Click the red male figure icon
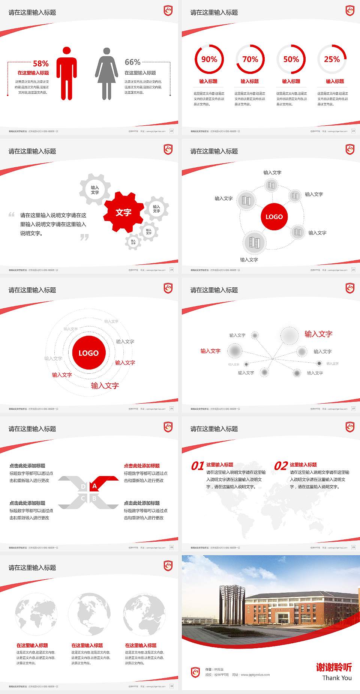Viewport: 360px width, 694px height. coord(67,74)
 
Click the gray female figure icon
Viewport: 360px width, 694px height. coord(106,74)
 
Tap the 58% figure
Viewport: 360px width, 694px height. coord(40,63)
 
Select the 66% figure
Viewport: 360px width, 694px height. coord(132,62)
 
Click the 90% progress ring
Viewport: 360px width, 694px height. coord(209,59)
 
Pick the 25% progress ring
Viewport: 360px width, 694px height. coord(332,59)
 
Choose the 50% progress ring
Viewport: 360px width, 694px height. coord(291,59)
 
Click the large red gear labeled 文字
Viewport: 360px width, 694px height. coord(123,212)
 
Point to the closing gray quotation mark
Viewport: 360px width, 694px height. coord(84,237)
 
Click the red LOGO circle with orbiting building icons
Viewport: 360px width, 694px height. coord(274,216)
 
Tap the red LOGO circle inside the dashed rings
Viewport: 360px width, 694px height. coord(88,353)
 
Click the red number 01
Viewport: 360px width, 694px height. coord(197,466)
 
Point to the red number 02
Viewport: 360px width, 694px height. coord(281,466)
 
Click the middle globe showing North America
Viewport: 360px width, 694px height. coord(89,614)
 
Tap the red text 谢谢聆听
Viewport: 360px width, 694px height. coord(334,667)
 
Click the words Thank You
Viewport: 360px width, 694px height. coord(337,678)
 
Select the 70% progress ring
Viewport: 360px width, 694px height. coord(250,59)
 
